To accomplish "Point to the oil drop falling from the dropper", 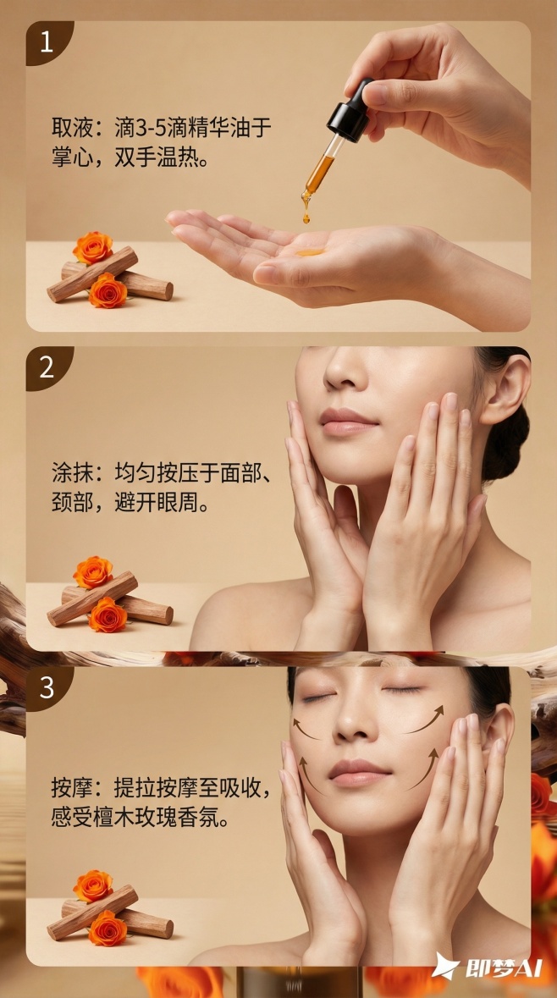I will pos(306,217).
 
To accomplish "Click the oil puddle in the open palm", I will pos(311,251).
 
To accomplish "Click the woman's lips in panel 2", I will pos(346,421).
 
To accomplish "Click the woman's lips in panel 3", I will pos(358,771).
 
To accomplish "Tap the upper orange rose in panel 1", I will pos(92,247).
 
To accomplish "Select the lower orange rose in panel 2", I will pos(108,615).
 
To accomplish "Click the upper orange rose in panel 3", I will pos(92,885).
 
